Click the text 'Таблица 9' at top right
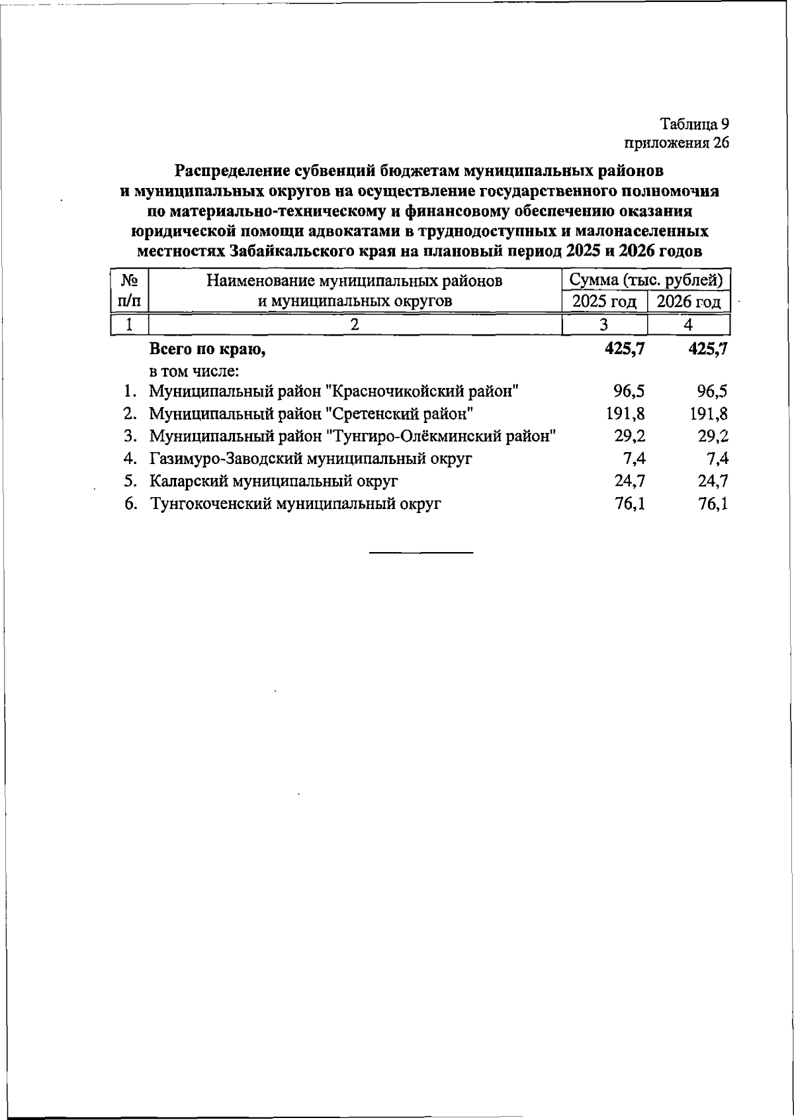[x=694, y=124]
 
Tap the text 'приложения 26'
[x=676, y=142]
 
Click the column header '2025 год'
[x=603, y=302]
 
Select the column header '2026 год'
[x=688, y=302]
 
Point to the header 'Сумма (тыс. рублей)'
[x=646, y=280]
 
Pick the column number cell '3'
[x=603, y=324]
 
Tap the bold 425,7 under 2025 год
[x=625, y=348]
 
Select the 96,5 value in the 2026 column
[x=708, y=391]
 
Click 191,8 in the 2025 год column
[x=625, y=414]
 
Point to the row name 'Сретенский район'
[x=311, y=414]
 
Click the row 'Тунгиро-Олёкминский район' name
[x=352, y=436]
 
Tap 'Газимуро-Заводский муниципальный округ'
[x=311, y=459]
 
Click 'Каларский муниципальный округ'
[x=273, y=481]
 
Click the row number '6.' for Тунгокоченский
[x=131, y=504]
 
